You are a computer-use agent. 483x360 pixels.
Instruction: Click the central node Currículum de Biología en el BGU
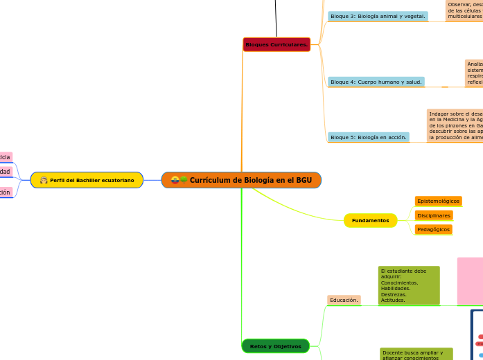tap(241, 180)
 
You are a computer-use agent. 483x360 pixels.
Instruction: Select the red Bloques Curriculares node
tap(276, 44)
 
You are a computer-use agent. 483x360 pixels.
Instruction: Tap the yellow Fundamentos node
tap(370, 220)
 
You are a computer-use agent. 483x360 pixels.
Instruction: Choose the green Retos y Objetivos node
tap(275, 346)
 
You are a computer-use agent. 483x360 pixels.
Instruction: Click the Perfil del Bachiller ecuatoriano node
tap(87, 180)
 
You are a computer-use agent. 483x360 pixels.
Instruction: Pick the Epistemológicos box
tap(438, 201)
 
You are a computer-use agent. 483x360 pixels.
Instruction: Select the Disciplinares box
tap(434, 215)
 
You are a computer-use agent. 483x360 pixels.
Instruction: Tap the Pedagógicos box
tap(434, 229)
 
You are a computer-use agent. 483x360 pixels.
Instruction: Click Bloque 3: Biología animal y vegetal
tap(378, 16)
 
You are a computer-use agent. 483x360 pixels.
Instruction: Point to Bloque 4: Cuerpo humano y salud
tap(376, 82)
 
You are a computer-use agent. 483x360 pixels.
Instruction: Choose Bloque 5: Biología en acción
tap(368, 137)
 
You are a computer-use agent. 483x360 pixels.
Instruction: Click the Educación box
tap(344, 300)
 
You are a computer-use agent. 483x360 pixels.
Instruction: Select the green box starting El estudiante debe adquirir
tap(409, 285)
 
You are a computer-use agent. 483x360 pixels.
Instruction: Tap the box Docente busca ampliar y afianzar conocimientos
tap(416, 354)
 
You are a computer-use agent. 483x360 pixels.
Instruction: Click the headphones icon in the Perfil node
tap(44, 180)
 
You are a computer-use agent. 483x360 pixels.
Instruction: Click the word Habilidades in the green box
tap(395, 288)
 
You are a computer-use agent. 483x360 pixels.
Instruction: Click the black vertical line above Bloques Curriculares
tap(276, 18)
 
